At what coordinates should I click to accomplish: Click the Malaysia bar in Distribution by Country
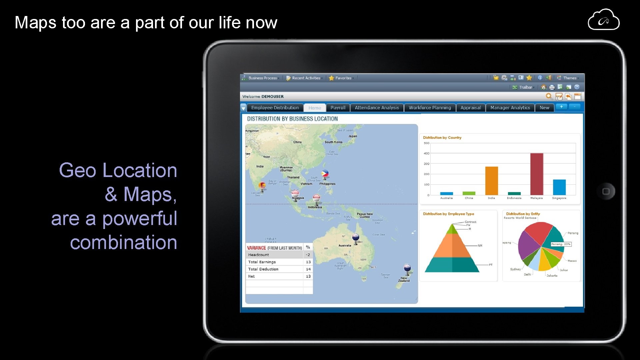(536, 174)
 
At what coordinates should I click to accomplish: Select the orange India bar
(491, 181)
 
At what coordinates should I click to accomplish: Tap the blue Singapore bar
(559, 187)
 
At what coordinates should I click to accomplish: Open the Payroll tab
(338, 108)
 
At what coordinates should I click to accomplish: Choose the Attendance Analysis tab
(377, 108)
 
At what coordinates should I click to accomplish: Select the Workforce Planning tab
(430, 108)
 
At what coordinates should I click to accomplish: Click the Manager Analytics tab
(510, 108)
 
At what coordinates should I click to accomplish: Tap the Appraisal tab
(470, 108)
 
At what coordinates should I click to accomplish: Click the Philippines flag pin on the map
(325, 174)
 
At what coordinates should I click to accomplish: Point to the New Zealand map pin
(407, 268)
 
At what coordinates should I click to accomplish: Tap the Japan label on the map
(353, 136)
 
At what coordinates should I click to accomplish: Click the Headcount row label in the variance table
(258, 255)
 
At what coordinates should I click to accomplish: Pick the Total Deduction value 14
(308, 269)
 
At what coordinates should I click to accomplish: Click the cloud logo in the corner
(603, 20)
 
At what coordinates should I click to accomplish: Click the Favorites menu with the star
(341, 78)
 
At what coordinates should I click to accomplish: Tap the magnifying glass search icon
(549, 96)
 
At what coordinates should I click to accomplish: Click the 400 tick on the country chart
(426, 153)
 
